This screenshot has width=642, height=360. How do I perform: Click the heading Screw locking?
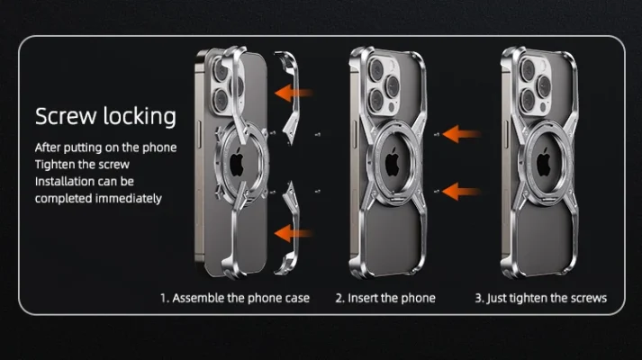pos(105,117)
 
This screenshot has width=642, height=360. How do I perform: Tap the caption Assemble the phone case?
pos(240,298)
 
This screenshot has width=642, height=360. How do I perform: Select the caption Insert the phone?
pos(392,298)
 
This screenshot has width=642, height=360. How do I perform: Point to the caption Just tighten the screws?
pos(547,298)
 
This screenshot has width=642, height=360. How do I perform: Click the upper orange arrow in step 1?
pos(294,93)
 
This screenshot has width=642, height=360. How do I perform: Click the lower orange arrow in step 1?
pos(294,233)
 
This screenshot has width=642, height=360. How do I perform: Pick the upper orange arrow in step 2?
pos(461,134)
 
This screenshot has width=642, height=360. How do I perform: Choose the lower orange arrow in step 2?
pos(461,192)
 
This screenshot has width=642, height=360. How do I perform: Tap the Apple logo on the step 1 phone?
pos(237,162)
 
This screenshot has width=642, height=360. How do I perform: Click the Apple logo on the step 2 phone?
pos(393,162)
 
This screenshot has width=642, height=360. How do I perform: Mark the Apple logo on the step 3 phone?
pos(544,162)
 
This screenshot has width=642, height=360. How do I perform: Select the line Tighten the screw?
pos(82,165)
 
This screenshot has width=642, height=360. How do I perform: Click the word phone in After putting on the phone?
pos(159,148)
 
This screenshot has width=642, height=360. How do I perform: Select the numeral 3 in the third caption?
pos(478,298)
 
